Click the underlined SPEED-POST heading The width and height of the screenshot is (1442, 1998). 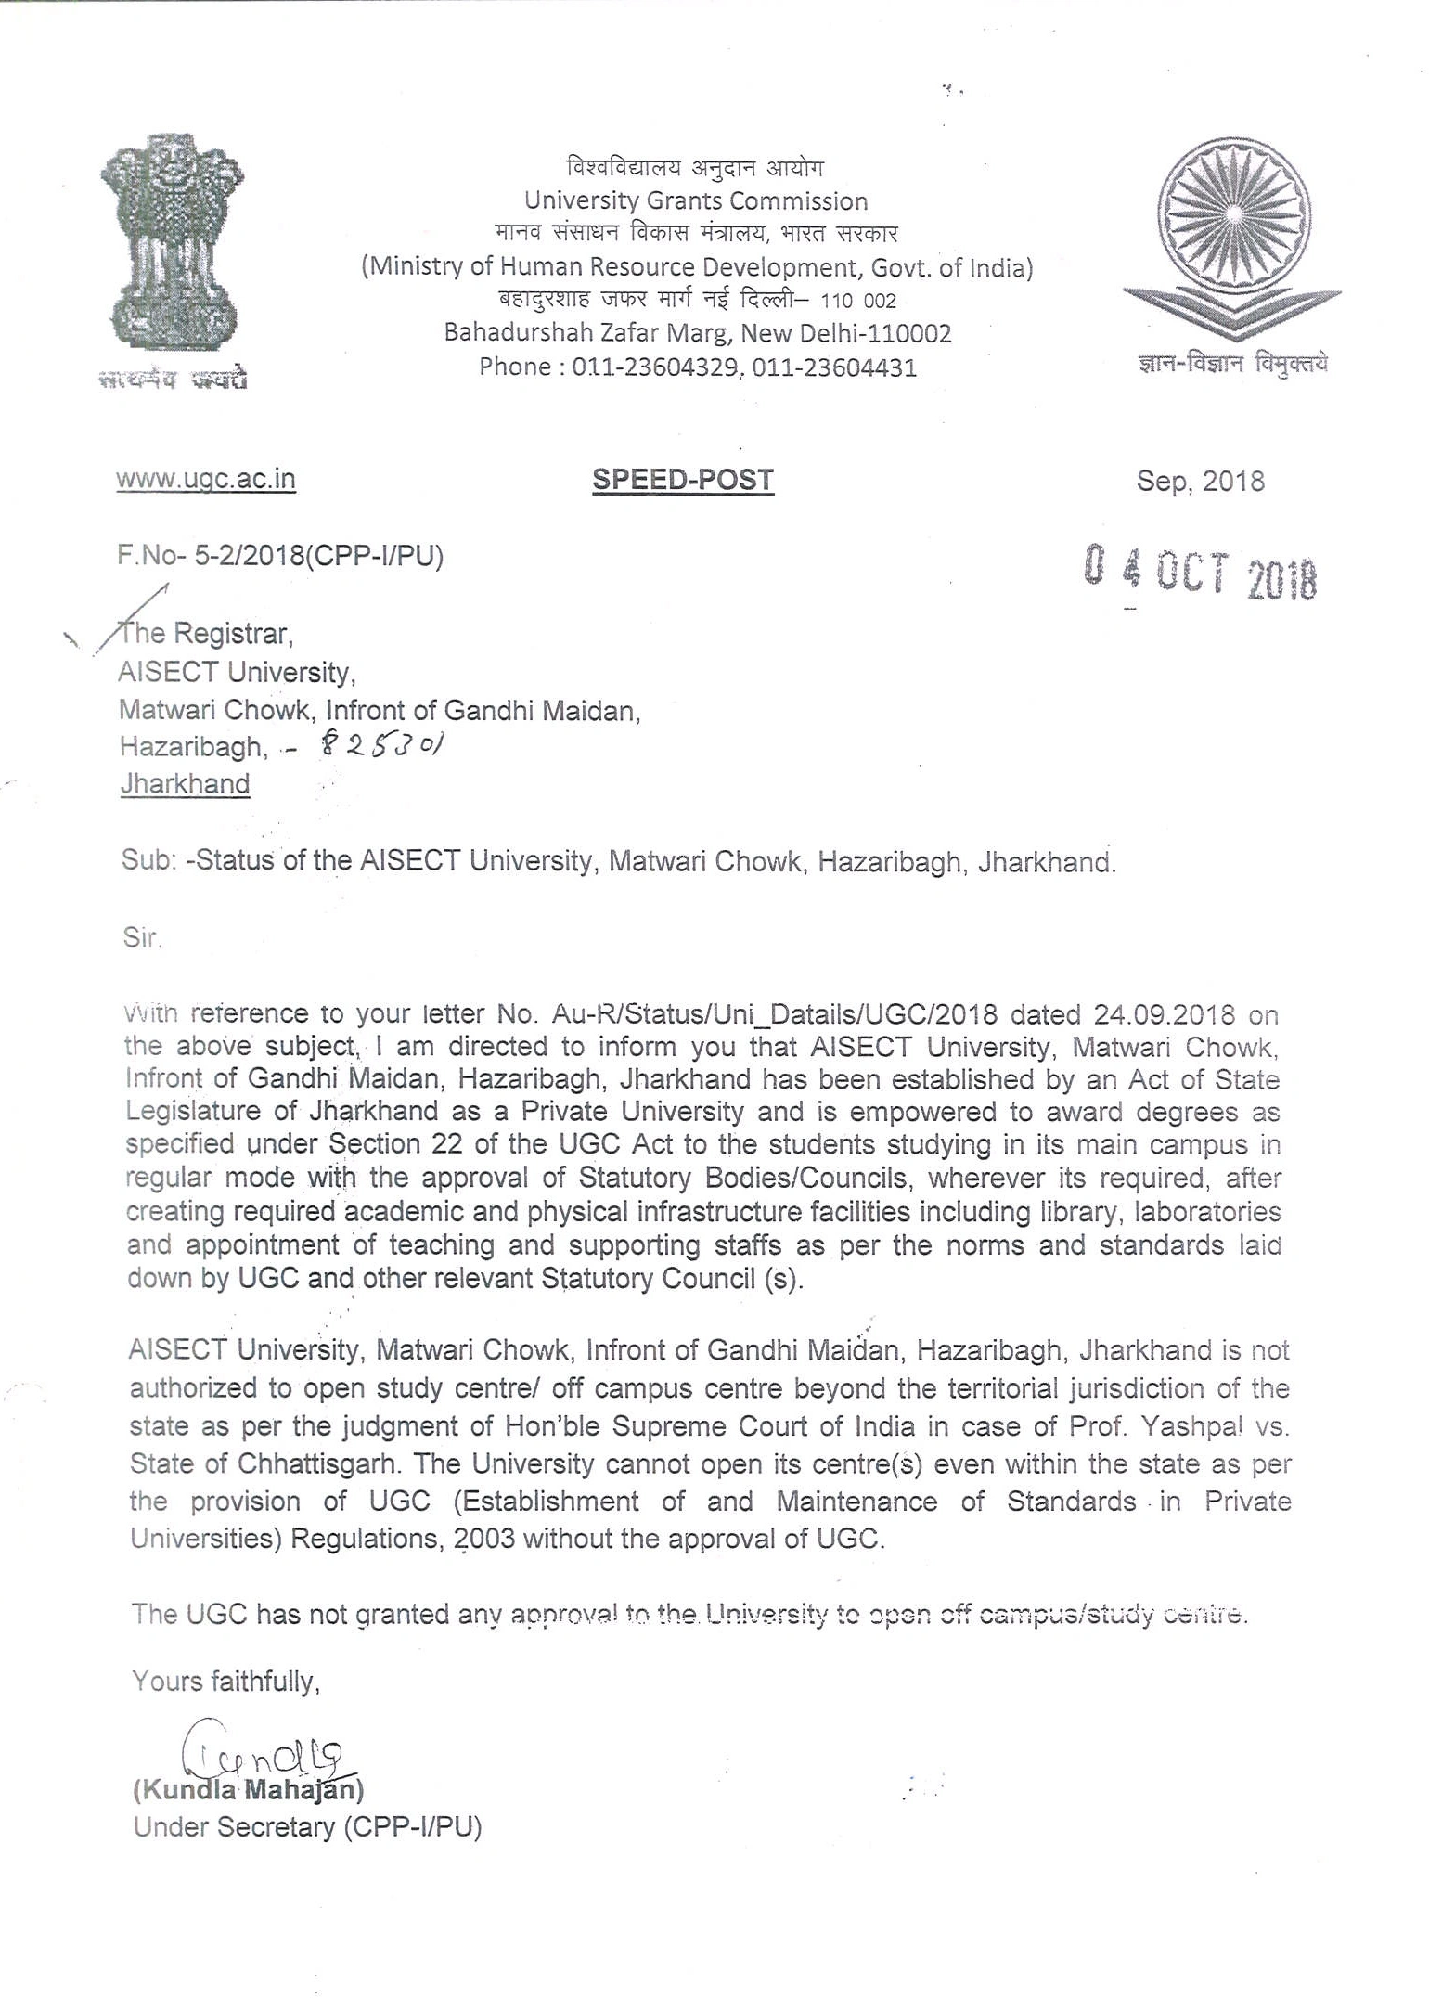pos(683,480)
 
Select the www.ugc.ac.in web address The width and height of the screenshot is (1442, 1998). pos(206,479)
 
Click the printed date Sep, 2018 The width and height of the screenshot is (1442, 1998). pos(1200,481)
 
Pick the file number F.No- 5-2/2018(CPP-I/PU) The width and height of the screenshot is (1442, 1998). pos(280,556)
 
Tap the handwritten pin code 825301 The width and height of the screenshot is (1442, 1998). pos(381,744)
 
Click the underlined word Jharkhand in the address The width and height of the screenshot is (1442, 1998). pos(185,784)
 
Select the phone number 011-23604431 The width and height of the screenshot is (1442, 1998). pos(834,368)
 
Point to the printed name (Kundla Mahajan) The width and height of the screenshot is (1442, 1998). pos(249,1789)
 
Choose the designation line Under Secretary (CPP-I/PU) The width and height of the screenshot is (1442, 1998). pos(307,1827)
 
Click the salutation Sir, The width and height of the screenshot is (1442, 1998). pos(142,937)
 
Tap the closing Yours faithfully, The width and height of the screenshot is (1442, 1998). pos(225,1681)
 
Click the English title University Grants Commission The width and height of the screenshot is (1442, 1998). pos(696,200)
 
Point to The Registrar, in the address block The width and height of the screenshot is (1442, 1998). pos(205,634)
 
